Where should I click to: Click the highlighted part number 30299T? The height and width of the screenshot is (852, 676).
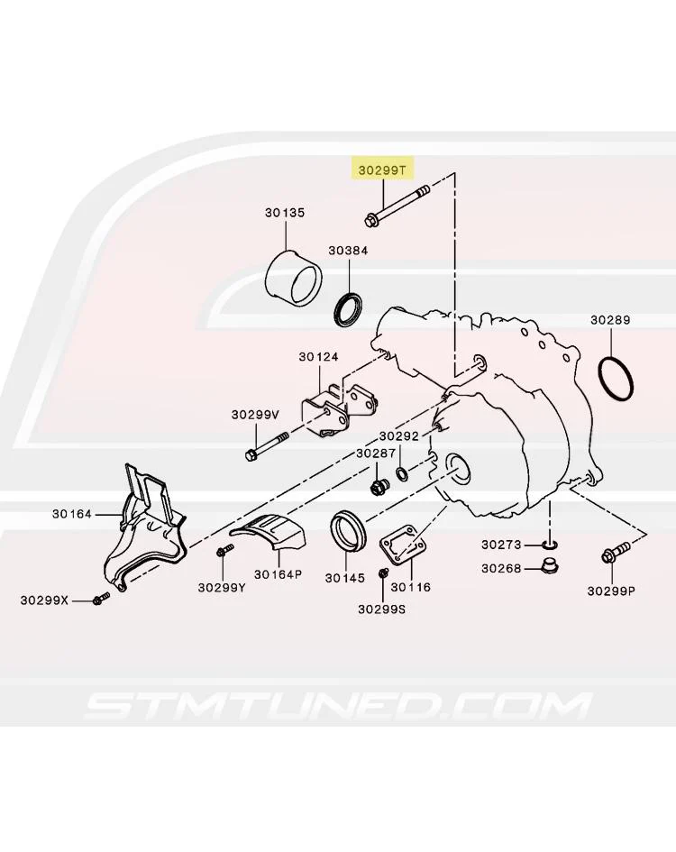(x=382, y=170)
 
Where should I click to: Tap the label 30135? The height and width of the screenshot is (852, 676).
(x=285, y=213)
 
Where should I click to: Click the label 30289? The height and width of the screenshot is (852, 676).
(x=610, y=319)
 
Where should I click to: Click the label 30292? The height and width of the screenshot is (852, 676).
(x=399, y=435)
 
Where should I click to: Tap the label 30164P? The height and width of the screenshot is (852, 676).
(x=278, y=573)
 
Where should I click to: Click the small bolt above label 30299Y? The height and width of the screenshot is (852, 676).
(x=224, y=550)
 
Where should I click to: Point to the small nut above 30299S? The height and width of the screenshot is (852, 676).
(x=383, y=573)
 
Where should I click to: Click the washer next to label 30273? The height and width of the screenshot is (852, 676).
(x=550, y=544)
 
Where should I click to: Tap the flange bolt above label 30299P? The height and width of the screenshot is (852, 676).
(x=615, y=552)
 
